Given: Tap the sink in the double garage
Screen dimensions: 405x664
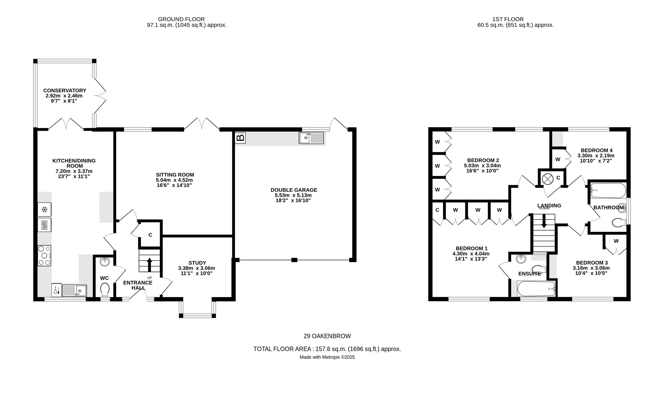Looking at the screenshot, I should pos(311,138).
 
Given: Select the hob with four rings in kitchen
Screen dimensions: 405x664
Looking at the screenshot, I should pos(44,255).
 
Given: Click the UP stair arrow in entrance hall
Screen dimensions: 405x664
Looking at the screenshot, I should pos(149,265).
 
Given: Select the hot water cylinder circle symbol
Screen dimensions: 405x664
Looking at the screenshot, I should pos(547,179).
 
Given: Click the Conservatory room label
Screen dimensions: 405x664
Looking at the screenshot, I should pos(65,91).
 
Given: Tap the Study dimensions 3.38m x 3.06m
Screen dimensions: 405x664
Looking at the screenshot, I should pos(196,268).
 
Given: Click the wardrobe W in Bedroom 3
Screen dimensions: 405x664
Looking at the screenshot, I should pos(616,241).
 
